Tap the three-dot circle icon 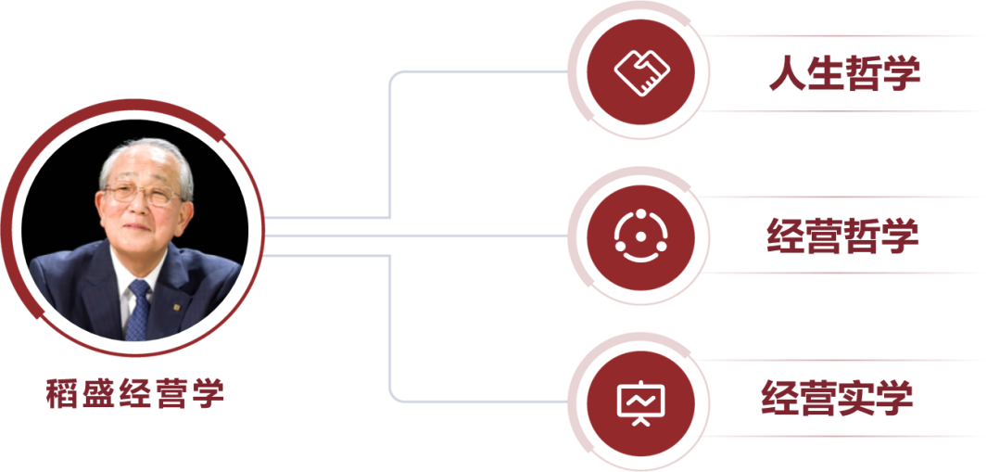pyautogui.click(x=640, y=236)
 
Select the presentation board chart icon pyautogui.click(x=640, y=401)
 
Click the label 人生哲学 pyautogui.click(x=844, y=74)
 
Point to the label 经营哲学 pyautogui.click(x=842, y=236)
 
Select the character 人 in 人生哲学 pyautogui.click(x=786, y=74)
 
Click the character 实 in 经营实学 pyautogui.click(x=856, y=398)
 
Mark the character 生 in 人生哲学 pyautogui.click(x=825, y=74)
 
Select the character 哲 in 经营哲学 pyautogui.click(x=863, y=236)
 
